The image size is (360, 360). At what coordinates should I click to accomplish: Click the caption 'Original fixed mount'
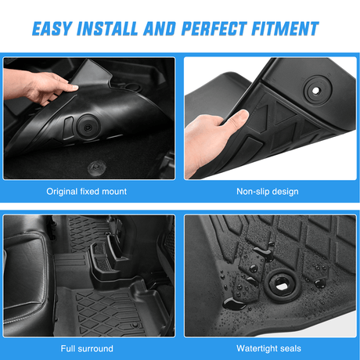click(87, 191)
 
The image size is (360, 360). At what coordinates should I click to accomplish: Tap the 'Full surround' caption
click(87, 348)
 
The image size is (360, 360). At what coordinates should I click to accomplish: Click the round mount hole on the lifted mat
click(85, 126)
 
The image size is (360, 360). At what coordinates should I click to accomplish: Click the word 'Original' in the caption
click(64, 191)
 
